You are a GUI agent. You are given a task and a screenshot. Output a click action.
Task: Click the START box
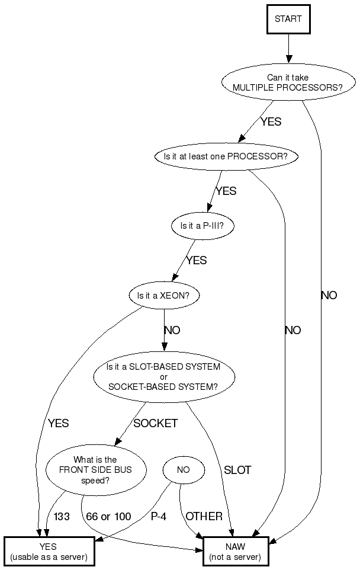coord(288,19)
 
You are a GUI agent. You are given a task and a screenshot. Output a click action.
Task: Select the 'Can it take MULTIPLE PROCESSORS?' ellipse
coord(288,82)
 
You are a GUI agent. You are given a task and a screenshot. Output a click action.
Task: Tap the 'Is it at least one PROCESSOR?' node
coord(225,157)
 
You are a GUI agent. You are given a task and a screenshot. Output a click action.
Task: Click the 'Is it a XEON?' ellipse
coord(164,295)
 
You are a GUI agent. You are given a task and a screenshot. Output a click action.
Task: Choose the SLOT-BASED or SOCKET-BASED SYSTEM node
coord(163,377)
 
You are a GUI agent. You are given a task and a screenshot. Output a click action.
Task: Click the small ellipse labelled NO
coord(184,470)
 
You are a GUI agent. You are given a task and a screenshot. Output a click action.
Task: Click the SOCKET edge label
coord(155,424)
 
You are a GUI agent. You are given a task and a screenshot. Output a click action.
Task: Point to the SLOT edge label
coord(237,470)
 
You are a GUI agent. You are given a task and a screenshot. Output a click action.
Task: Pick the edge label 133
coord(62,517)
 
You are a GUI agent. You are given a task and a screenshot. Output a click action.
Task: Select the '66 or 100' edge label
coord(108,517)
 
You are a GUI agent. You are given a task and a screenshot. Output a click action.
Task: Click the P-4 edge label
coord(159,517)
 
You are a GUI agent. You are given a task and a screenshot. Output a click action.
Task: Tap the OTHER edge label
coord(204,517)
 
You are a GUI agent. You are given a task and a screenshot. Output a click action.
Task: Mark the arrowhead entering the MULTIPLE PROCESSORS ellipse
coord(288,59)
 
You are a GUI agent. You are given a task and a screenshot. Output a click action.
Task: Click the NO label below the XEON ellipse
coord(172,331)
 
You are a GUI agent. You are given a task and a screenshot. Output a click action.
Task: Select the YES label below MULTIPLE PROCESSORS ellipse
coord(271,123)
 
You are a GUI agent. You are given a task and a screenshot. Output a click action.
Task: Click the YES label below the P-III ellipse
coord(197,260)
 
